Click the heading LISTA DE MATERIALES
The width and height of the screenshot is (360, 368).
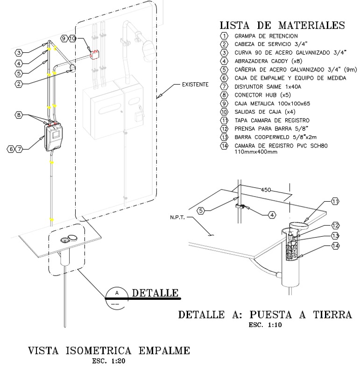coord(282,25)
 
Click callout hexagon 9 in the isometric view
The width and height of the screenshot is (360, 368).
coord(64,38)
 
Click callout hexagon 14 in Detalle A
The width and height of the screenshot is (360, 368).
coord(335,246)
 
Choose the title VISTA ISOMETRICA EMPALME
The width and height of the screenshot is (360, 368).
coord(108,350)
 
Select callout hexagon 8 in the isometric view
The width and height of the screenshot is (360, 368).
coord(19,114)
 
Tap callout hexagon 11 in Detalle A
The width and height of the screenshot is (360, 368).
coord(335,201)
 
